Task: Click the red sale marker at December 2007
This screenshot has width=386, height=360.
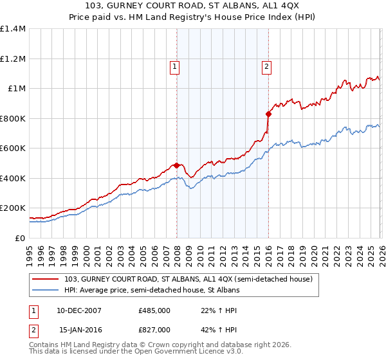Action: [176, 165]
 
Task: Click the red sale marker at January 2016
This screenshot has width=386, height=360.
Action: [268, 114]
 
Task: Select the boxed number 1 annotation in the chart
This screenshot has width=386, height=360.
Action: [175, 65]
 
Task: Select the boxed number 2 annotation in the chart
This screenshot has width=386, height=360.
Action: [266, 65]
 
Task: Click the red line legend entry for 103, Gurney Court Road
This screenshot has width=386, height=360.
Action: [188, 279]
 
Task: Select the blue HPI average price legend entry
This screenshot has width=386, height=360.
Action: [151, 291]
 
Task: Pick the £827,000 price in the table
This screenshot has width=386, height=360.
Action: [154, 329]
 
